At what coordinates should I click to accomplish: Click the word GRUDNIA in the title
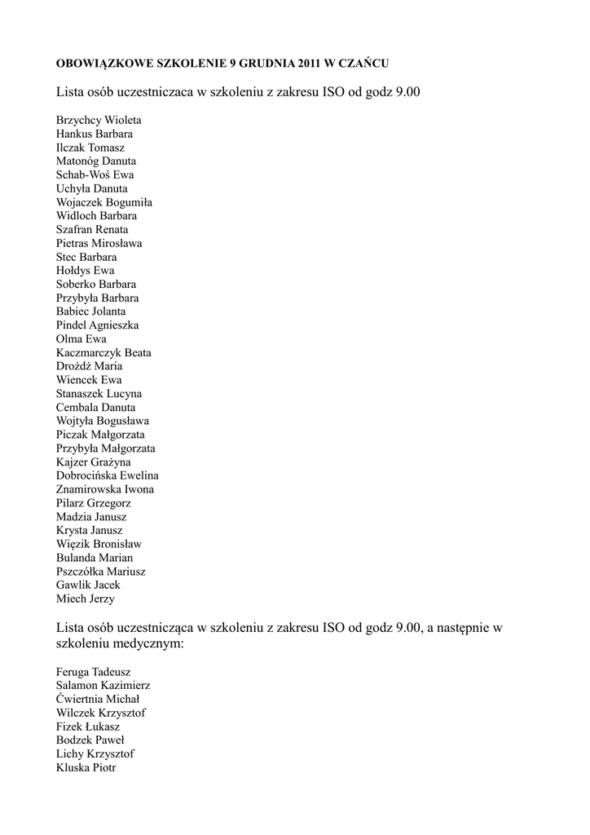tap(250, 62)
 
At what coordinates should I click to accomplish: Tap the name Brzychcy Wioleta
tap(99, 120)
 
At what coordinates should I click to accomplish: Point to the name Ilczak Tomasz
tap(90, 148)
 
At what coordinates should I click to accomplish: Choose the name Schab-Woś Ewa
tap(95, 175)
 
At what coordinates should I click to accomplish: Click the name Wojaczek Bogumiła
tap(104, 202)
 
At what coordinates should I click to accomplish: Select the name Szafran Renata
tap(92, 230)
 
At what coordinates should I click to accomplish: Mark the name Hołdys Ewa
tap(86, 271)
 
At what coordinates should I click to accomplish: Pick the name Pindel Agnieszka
tap(97, 325)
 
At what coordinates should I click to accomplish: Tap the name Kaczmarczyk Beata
tap(103, 353)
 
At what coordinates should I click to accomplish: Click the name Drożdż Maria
tap(90, 366)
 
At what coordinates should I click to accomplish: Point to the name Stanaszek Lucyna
tap(99, 394)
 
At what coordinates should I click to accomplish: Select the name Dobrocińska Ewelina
tap(108, 475)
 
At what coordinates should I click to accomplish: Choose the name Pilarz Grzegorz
tap(94, 503)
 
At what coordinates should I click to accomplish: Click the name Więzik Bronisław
tap(96, 544)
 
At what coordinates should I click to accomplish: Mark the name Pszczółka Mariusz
tap(101, 572)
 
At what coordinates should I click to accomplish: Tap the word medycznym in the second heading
tap(149, 644)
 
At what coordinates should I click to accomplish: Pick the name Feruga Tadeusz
tap(94, 672)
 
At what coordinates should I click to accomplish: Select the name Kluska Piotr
tap(86, 767)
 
